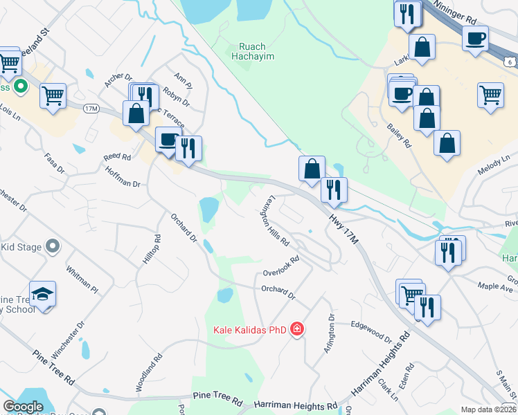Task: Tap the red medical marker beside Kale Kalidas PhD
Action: click(297, 328)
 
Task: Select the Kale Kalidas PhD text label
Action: click(249, 330)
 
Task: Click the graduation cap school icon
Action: click(42, 294)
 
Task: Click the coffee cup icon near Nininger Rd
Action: click(476, 38)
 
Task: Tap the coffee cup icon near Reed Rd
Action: click(168, 140)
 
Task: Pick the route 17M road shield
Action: click(91, 109)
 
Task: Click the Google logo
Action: click(24, 406)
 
